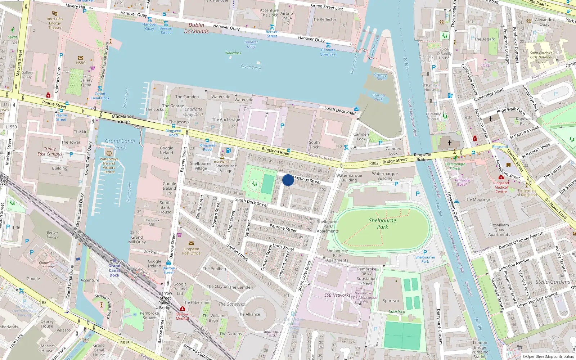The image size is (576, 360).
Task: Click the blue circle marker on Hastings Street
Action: [288, 180]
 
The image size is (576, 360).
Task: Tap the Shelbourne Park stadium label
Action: [382, 224]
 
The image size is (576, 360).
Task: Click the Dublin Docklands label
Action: [196, 28]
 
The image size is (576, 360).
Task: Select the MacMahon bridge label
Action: [123, 119]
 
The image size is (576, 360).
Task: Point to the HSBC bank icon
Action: [81, 58]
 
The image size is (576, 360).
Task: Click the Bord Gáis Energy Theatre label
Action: [55, 23]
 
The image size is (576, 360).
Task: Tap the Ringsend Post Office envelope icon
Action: [191, 243]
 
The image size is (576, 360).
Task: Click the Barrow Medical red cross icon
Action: [183, 309]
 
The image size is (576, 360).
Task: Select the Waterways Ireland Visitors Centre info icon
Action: [109, 153]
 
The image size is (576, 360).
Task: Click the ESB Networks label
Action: [337, 295]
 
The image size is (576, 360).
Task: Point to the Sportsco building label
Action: [391, 301]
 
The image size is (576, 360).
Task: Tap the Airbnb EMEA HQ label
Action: [287, 18]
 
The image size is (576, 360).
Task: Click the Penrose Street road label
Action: [283, 228]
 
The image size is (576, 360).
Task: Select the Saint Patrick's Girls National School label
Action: [541, 57]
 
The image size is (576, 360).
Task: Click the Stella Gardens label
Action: [553, 282]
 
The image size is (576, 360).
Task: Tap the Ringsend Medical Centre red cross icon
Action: [501, 177]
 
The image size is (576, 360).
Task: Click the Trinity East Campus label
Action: [50, 151]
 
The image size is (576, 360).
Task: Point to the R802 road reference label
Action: [374, 163]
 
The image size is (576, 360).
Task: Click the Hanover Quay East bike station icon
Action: [328, 45]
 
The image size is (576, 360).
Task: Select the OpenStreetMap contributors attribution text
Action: [548, 356]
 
